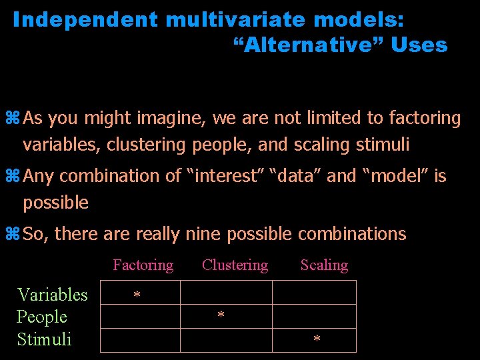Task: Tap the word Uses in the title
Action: pos(419,45)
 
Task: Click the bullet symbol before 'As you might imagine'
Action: pos(15,119)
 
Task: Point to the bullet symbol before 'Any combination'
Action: pos(15,177)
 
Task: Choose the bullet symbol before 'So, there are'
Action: pos(15,234)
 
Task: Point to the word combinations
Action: pos(351,234)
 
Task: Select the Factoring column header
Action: pos(143,265)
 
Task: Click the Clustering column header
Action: pos(235,265)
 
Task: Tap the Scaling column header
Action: pos(324,265)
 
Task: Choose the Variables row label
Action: pos(52,295)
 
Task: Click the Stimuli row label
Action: pos(44,339)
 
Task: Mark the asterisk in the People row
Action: pos(221,315)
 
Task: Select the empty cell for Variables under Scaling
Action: pos(314,293)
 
